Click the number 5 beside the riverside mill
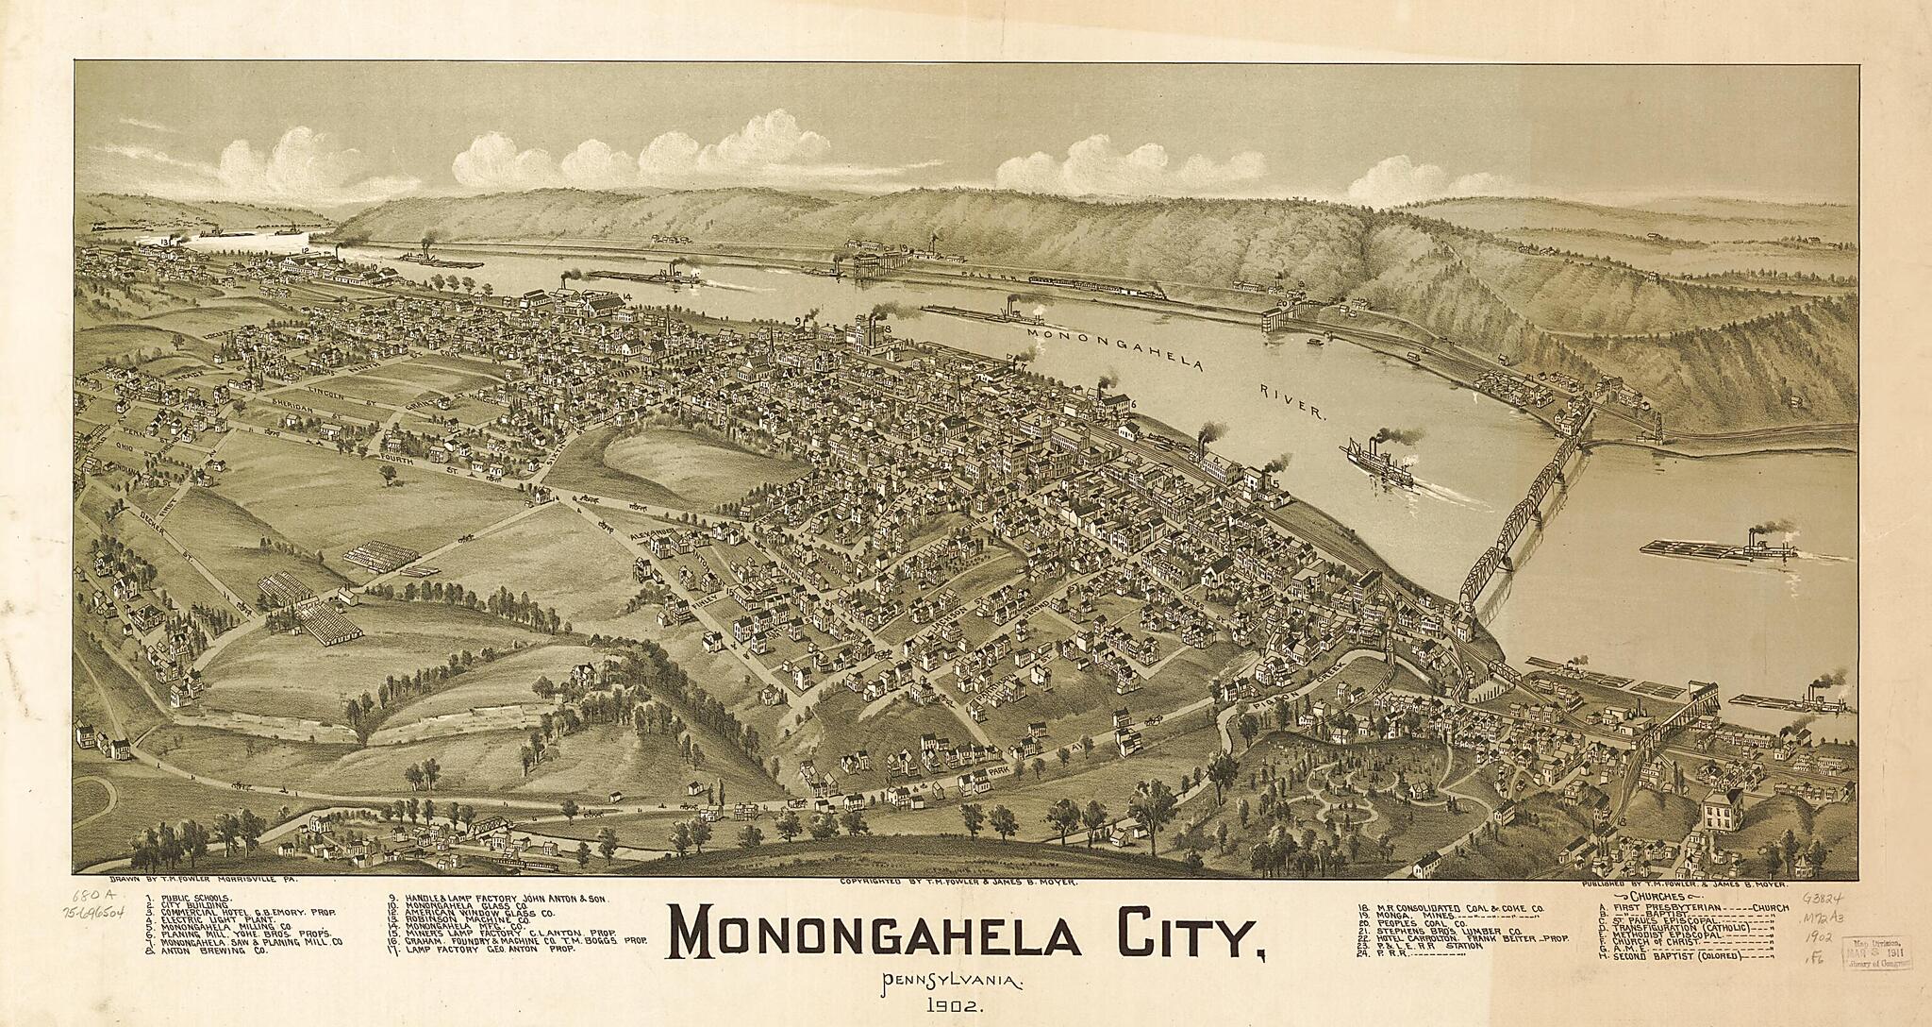tap(1274, 484)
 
